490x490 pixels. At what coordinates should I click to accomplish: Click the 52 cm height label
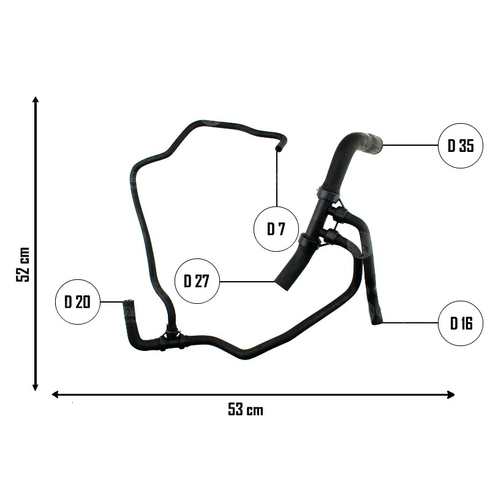(x=23, y=265)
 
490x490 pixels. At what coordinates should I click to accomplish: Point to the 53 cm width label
(x=246, y=409)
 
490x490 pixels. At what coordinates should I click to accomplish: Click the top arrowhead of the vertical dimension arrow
(x=36, y=100)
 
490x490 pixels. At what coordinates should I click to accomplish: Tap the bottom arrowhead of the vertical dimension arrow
(x=36, y=388)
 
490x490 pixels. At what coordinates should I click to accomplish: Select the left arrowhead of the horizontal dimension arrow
(x=55, y=394)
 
